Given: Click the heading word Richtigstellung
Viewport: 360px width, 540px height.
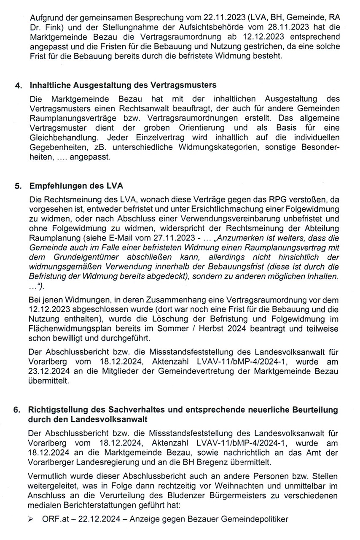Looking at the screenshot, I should point(57,410).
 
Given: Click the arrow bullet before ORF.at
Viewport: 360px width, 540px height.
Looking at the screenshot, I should point(31,519).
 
